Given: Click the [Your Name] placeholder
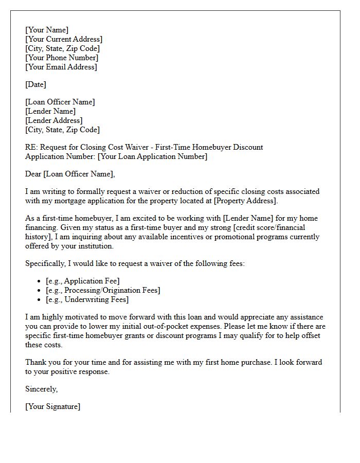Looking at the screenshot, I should [47, 30].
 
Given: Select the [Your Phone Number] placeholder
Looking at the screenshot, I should [62, 58].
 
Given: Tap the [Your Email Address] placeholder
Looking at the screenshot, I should [61, 67].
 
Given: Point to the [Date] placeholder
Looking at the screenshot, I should [35, 84].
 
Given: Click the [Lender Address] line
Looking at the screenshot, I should [53, 120].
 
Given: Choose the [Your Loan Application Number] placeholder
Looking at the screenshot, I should [152, 156].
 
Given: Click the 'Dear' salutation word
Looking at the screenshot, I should [33, 174].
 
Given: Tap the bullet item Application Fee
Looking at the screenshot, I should [82, 281].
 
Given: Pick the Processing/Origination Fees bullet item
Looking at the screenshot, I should [103, 290].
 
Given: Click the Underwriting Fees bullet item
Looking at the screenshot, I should [87, 299].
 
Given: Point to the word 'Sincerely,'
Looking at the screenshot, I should [42, 389].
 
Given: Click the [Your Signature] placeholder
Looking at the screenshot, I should [52, 406].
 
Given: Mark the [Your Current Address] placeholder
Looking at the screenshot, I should [64, 39].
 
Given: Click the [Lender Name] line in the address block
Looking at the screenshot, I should [50, 111].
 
